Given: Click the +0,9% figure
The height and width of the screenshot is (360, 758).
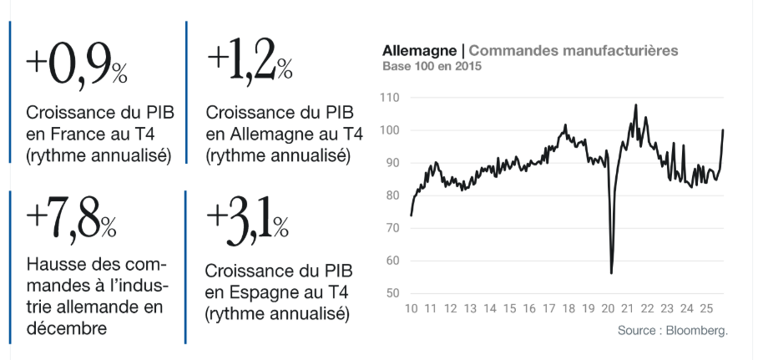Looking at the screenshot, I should coord(76,65).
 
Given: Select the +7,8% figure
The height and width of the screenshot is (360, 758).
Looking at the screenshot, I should coord(71,220).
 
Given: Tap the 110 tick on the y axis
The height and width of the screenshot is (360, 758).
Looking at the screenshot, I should coord(388,98).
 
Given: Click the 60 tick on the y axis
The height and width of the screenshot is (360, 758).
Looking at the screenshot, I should coord(392,261).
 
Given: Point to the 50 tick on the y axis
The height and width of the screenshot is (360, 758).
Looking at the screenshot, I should coord(392,293).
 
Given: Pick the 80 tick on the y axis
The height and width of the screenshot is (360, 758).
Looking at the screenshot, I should coord(392,195).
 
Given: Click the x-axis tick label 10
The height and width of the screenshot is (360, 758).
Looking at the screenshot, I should coord(411,309).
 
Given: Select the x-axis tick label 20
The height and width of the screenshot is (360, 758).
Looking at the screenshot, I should coord(609,309).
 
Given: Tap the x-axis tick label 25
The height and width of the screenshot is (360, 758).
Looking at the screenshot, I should coord(707,309).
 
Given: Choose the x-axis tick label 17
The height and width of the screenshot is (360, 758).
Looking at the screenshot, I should coord(549,309).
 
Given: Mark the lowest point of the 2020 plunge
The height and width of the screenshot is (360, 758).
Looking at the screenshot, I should coord(612,272).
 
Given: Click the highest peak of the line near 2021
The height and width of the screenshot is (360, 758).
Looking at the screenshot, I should coord(636,105).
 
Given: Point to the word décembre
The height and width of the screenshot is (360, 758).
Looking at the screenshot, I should coord(67,328).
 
